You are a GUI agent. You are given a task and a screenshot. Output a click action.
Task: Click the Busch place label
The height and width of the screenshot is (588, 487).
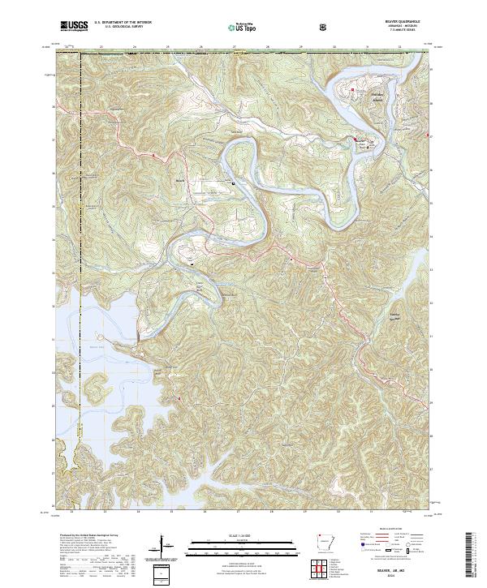[179, 181]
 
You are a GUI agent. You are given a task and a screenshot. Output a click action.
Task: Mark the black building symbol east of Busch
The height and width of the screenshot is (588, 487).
[235, 183]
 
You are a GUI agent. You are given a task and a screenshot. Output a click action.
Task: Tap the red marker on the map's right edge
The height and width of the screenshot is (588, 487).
[429, 135]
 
